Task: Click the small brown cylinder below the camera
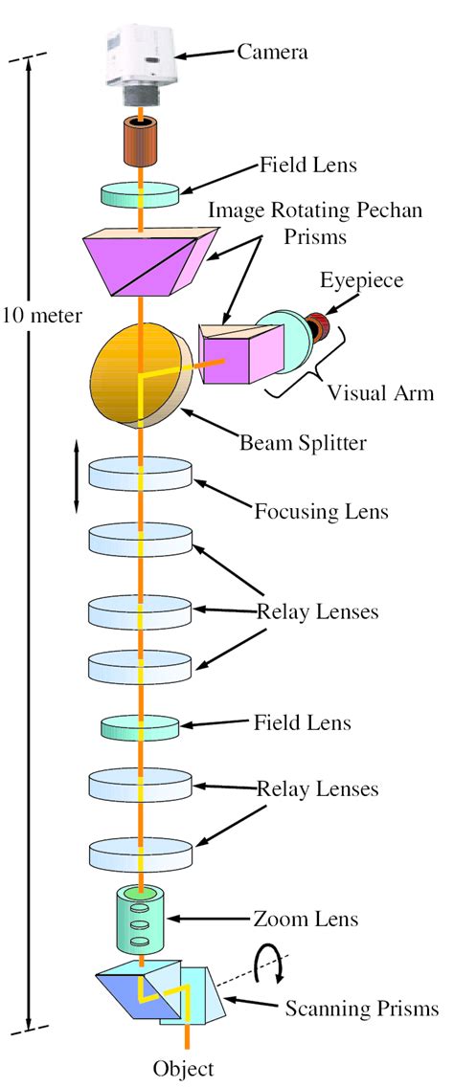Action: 141,140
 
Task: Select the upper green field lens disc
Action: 141,194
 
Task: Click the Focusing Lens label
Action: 321,512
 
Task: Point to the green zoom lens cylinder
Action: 140,919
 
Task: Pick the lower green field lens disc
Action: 141,725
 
